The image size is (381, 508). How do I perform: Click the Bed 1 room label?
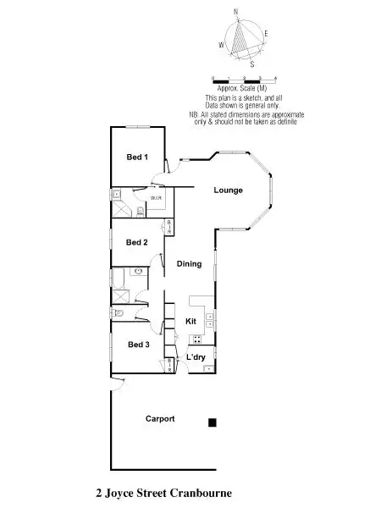137,157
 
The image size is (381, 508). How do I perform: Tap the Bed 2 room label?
137,242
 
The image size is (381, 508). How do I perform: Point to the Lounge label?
228,190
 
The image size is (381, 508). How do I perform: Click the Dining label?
190,264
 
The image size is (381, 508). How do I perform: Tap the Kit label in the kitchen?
191,322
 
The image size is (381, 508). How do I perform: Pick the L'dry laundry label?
196,358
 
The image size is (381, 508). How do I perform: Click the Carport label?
160,419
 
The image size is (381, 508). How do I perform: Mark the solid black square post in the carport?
213,422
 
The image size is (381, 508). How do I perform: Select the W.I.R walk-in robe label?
157,198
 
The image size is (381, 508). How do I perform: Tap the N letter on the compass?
236,11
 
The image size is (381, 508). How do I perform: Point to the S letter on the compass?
252,62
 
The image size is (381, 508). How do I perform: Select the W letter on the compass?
222,44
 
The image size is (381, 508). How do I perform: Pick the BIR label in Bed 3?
169,364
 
